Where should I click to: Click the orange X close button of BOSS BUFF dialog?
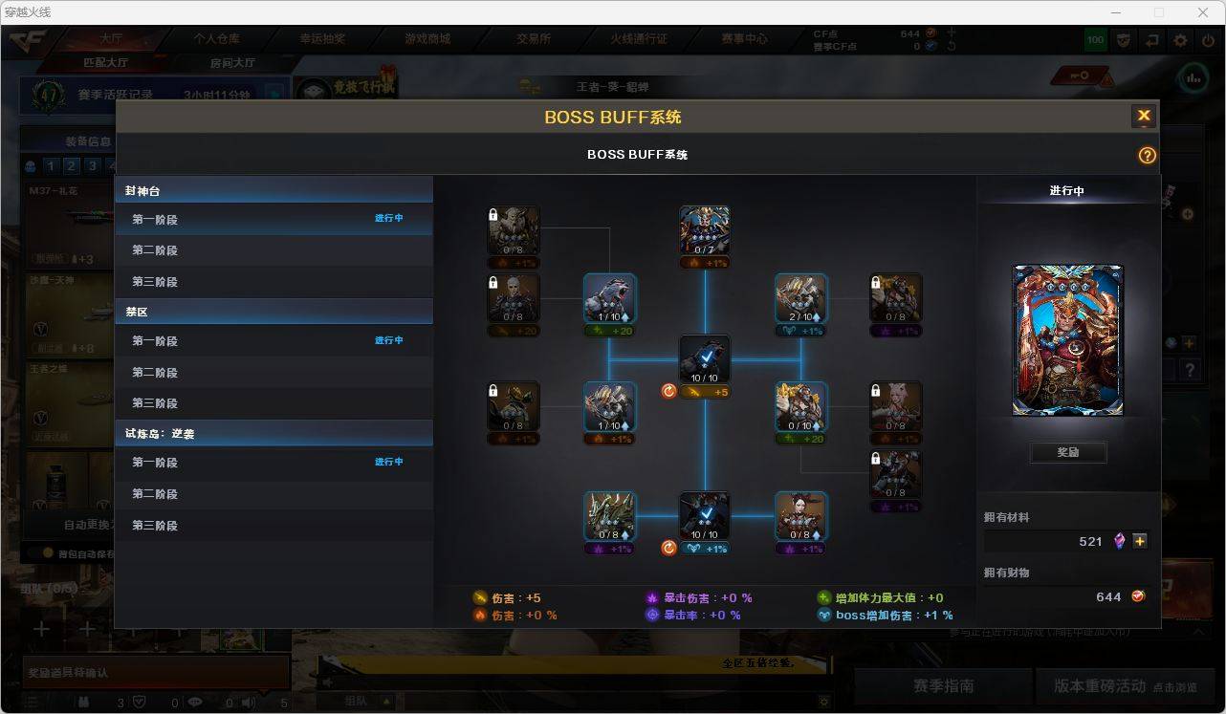(x=1143, y=117)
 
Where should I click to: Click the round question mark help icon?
(x=1147, y=156)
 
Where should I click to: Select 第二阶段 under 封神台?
(x=155, y=250)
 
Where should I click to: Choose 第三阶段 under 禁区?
(x=155, y=403)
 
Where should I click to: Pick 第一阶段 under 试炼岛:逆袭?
(x=155, y=463)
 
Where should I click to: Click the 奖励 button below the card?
(x=1068, y=452)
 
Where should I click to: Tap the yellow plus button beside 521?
(x=1140, y=541)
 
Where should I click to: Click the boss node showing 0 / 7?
(x=705, y=231)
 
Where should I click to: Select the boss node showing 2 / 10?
(x=801, y=299)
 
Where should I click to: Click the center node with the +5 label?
(x=705, y=360)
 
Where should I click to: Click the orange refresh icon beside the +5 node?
(x=669, y=391)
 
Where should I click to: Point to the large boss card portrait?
(x=1068, y=340)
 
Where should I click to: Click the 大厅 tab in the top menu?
(x=112, y=39)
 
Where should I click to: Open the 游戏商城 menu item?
(x=427, y=39)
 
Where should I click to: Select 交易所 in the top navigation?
(x=534, y=39)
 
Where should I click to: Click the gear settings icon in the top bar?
(x=1180, y=40)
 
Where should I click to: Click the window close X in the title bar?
(x=1203, y=12)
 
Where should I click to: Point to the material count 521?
(x=1090, y=541)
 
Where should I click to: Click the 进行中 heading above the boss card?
(x=1066, y=191)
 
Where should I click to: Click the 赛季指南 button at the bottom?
(x=943, y=685)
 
